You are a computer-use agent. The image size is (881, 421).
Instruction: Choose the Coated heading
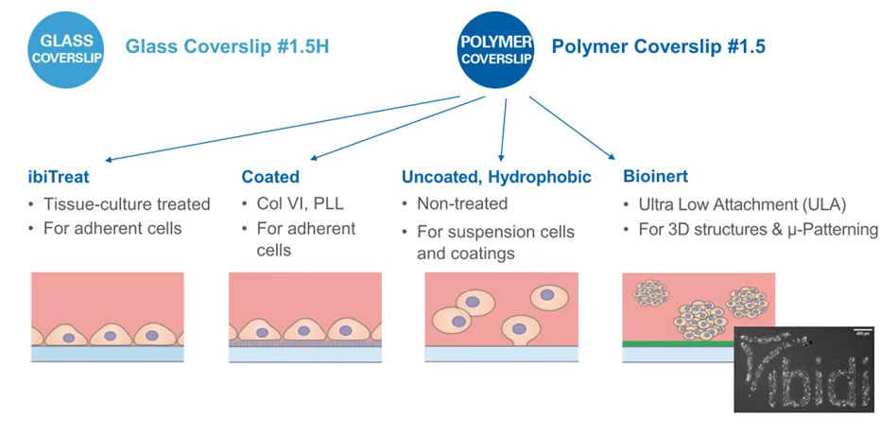(270, 177)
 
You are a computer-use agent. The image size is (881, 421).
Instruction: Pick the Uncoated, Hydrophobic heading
(496, 177)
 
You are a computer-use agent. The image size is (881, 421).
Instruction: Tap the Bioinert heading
(654, 177)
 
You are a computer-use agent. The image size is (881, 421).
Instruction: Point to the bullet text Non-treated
(462, 204)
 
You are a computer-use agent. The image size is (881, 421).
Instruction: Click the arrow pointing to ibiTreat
(284, 129)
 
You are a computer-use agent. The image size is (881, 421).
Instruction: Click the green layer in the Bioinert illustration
(677, 344)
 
